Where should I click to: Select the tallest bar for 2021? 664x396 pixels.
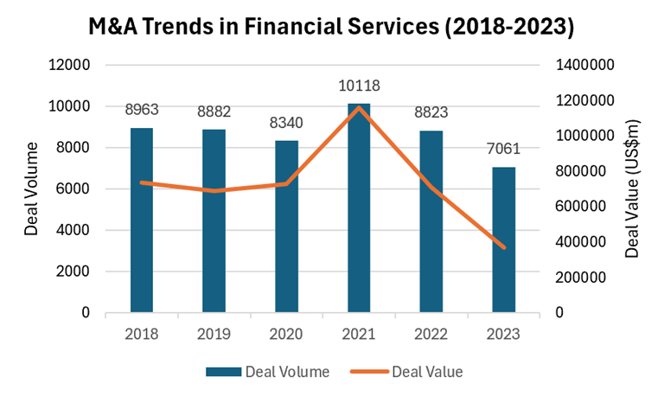(x=360, y=208)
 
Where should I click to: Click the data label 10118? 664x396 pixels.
(x=360, y=86)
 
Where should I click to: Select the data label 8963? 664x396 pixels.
(x=142, y=110)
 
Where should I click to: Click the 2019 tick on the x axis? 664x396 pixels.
(x=214, y=332)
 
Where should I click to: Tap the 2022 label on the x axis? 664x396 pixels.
(x=431, y=332)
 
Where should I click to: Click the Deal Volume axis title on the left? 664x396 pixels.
(x=32, y=188)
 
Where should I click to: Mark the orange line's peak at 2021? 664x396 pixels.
(x=360, y=107)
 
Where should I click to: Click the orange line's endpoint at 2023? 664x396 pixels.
(x=504, y=247)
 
